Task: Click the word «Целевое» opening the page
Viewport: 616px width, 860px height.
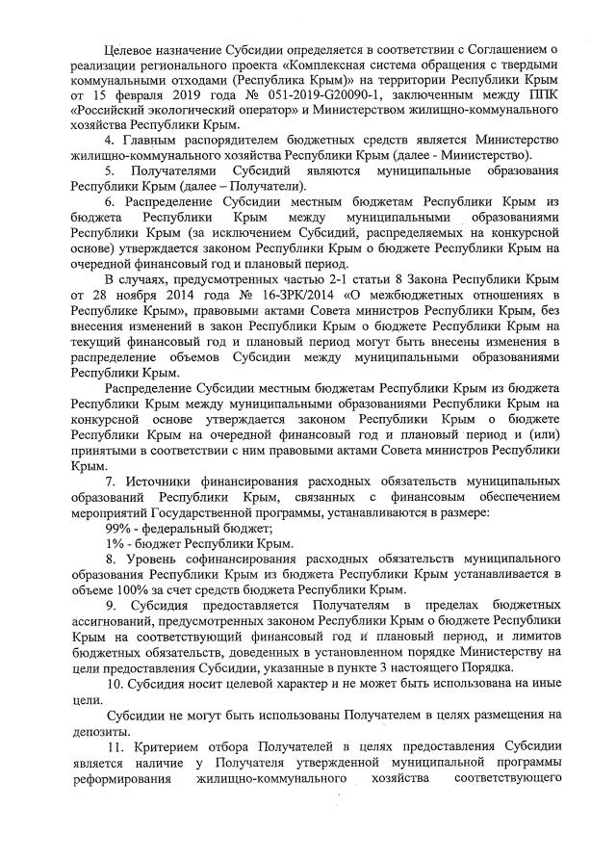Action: (x=135, y=46)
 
